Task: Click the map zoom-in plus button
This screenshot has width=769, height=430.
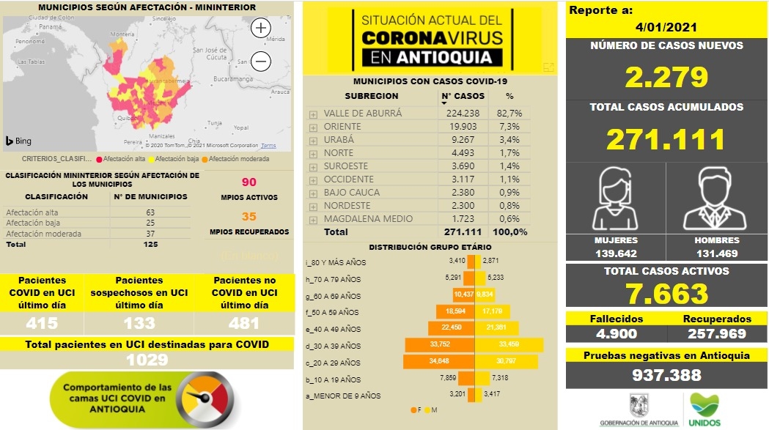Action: pyautogui.click(x=261, y=29)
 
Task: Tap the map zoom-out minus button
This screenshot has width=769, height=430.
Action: pyautogui.click(x=261, y=61)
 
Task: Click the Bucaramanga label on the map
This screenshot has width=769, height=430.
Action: pyautogui.click(x=233, y=77)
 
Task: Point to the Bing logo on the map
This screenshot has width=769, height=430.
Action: pyautogui.click(x=18, y=141)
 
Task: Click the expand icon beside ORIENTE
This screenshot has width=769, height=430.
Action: pyautogui.click(x=313, y=127)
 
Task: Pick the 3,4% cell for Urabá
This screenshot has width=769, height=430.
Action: pyautogui.click(x=514, y=140)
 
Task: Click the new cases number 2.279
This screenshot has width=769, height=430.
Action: pyautogui.click(x=666, y=77)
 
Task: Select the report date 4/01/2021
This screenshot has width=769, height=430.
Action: pyautogui.click(x=666, y=27)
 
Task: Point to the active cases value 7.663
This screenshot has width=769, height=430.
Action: pyautogui.click(x=666, y=294)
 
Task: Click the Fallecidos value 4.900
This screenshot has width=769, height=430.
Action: pyautogui.click(x=617, y=334)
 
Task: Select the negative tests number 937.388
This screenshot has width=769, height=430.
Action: pyautogui.click(x=666, y=375)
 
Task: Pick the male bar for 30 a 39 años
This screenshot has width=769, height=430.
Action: pyautogui.click(x=513, y=346)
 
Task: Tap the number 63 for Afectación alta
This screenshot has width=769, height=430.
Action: pyautogui.click(x=150, y=212)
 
